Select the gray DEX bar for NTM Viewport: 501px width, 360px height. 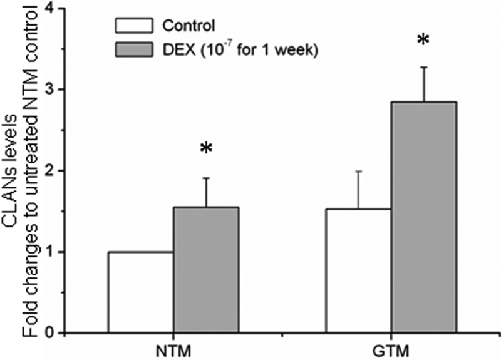(206, 270)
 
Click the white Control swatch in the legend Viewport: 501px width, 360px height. (133, 26)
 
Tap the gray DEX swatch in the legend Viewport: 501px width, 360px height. (133, 50)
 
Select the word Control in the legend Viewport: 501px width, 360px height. (188, 26)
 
